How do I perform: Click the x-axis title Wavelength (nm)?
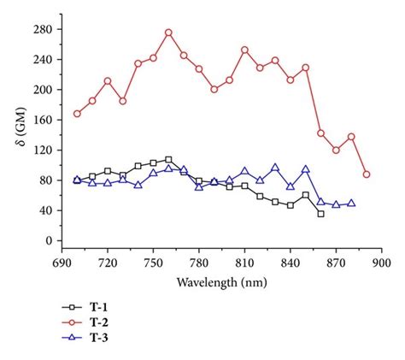tap(221, 281)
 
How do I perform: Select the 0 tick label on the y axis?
tap(52, 241)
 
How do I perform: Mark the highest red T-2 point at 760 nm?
tap(168, 32)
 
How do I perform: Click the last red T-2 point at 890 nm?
tap(367, 174)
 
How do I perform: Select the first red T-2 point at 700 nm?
tap(77, 114)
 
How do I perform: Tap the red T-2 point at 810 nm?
tap(244, 50)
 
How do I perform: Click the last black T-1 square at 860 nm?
tap(320, 214)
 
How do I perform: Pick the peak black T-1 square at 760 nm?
tap(168, 159)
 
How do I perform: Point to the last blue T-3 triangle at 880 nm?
tap(351, 204)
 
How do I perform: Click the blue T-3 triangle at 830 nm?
tap(275, 168)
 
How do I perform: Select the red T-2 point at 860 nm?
tap(320, 133)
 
